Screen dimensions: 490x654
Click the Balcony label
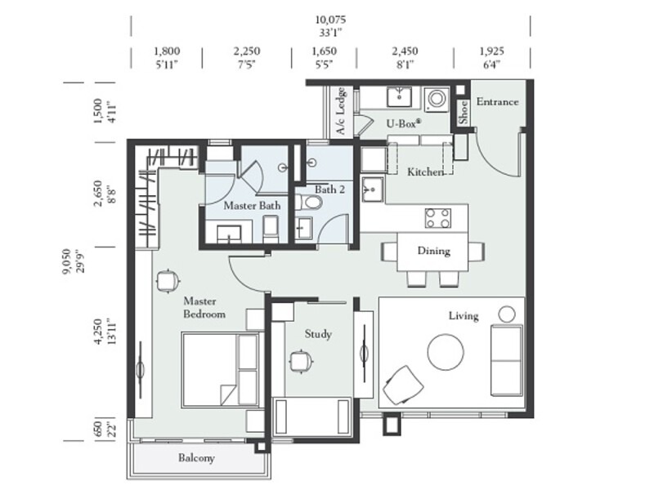click(x=196, y=458)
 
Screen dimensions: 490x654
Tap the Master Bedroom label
click(x=204, y=307)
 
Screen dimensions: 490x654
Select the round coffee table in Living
click(x=446, y=350)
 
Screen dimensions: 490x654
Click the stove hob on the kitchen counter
click(x=437, y=218)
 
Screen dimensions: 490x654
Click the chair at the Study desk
click(x=301, y=360)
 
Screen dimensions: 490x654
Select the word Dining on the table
click(x=433, y=251)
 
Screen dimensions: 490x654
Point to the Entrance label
click(x=497, y=102)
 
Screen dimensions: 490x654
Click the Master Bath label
click(x=252, y=207)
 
